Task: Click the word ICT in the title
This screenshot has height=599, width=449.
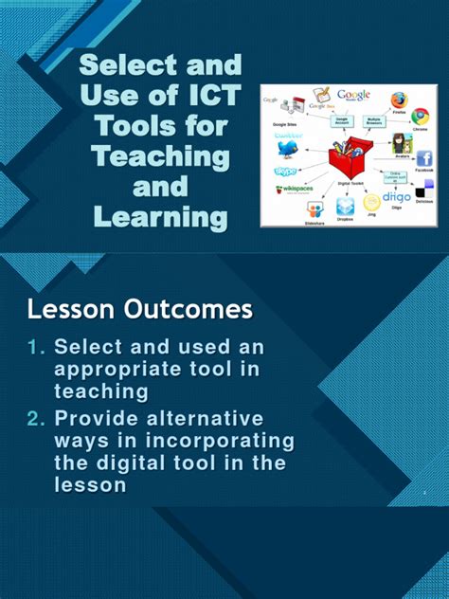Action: pos(208,95)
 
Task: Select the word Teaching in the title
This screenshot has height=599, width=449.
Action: pos(161,155)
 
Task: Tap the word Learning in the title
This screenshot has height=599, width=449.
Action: pos(161,217)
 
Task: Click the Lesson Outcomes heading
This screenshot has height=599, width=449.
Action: pos(140,309)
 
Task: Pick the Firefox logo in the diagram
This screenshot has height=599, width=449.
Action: pos(399,100)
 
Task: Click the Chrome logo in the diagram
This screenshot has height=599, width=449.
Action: pos(420,117)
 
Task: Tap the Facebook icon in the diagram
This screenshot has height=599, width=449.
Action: pos(424,158)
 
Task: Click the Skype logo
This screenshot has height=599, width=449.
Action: pos(285,172)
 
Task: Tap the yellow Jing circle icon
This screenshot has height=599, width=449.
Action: pos(371,203)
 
